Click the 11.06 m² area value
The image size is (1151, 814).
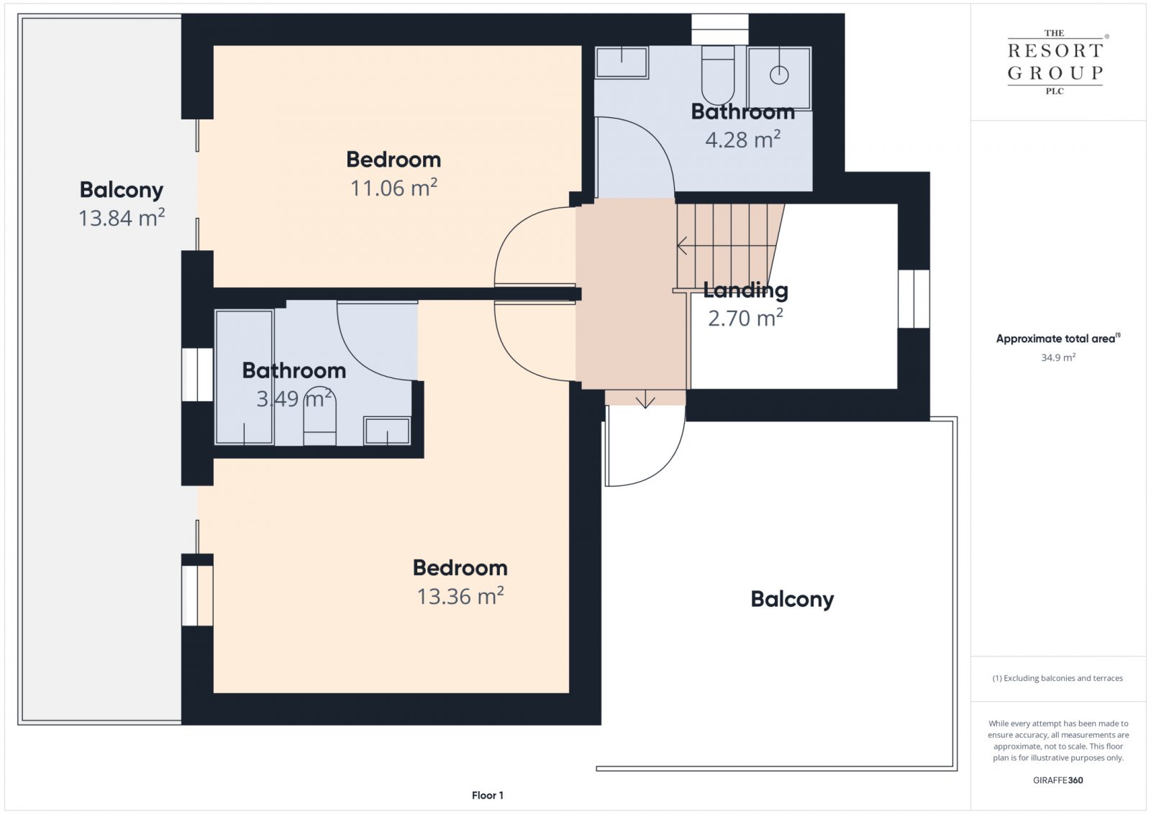click(393, 188)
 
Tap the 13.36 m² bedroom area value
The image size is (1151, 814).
click(460, 596)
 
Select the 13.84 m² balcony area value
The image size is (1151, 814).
click(122, 218)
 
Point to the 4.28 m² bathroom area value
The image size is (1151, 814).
click(742, 140)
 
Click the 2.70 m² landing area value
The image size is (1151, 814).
click(745, 318)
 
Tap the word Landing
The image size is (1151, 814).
click(745, 291)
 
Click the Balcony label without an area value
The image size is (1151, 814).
click(792, 600)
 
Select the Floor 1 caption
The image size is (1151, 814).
click(488, 795)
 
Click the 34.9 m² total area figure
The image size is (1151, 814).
click(1058, 357)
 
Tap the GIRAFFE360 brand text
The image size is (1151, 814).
click(1058, 780)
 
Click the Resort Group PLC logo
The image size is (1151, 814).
click(1055, 62)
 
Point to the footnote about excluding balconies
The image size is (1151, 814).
click(1057, 678)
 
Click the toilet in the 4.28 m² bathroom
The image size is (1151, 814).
click(718, 75)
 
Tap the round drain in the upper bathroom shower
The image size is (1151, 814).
click(779, 76)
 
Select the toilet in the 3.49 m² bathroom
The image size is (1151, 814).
click(319, 416)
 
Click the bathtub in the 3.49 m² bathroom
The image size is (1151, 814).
click(244, 377)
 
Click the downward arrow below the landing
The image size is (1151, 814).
click(645, 399)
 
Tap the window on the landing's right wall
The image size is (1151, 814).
click(914, 299)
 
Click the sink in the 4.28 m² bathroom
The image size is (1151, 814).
click(622, 63)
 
